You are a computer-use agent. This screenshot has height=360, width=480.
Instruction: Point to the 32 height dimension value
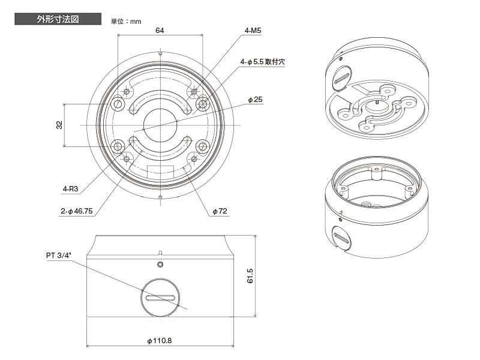click(59, 125)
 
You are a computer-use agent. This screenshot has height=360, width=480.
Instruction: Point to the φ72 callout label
click(220, 211)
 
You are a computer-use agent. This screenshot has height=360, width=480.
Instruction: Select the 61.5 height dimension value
click(250, 277)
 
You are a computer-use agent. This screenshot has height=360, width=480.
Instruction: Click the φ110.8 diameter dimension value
click(160, 340)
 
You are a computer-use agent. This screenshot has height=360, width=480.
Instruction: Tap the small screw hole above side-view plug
click(160, 265)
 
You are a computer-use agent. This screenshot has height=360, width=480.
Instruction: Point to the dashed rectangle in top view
click(165, 171)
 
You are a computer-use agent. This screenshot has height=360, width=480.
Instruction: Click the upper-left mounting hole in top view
click(119, 104)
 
